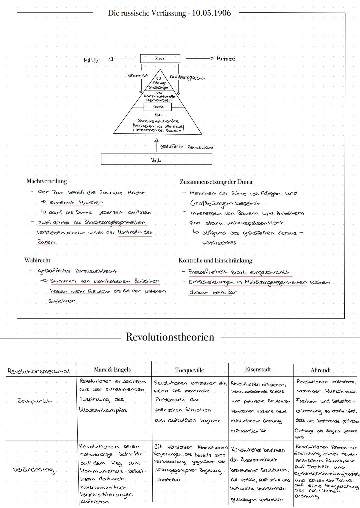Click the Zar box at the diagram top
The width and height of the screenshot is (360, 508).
160,59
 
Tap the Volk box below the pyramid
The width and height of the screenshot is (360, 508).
156,159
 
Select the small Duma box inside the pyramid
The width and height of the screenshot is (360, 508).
158,107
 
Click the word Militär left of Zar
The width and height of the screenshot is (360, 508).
92,60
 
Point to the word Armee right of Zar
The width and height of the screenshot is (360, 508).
226,59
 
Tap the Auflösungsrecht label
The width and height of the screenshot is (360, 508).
187,77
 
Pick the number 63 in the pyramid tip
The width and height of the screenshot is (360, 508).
159,79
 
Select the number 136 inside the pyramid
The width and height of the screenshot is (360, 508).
158,115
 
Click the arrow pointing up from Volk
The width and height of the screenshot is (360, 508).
155,145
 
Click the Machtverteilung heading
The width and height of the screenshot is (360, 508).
47,182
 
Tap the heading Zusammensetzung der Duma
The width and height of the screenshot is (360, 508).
216,182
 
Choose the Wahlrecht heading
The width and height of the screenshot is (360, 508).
37,260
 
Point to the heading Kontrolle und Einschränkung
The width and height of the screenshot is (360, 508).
215,260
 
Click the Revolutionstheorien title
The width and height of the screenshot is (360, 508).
170,337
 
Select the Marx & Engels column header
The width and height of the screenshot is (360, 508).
112,369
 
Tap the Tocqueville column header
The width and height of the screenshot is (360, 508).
189,370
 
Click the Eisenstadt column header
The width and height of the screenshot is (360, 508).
258,369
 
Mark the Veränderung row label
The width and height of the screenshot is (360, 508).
33,470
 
